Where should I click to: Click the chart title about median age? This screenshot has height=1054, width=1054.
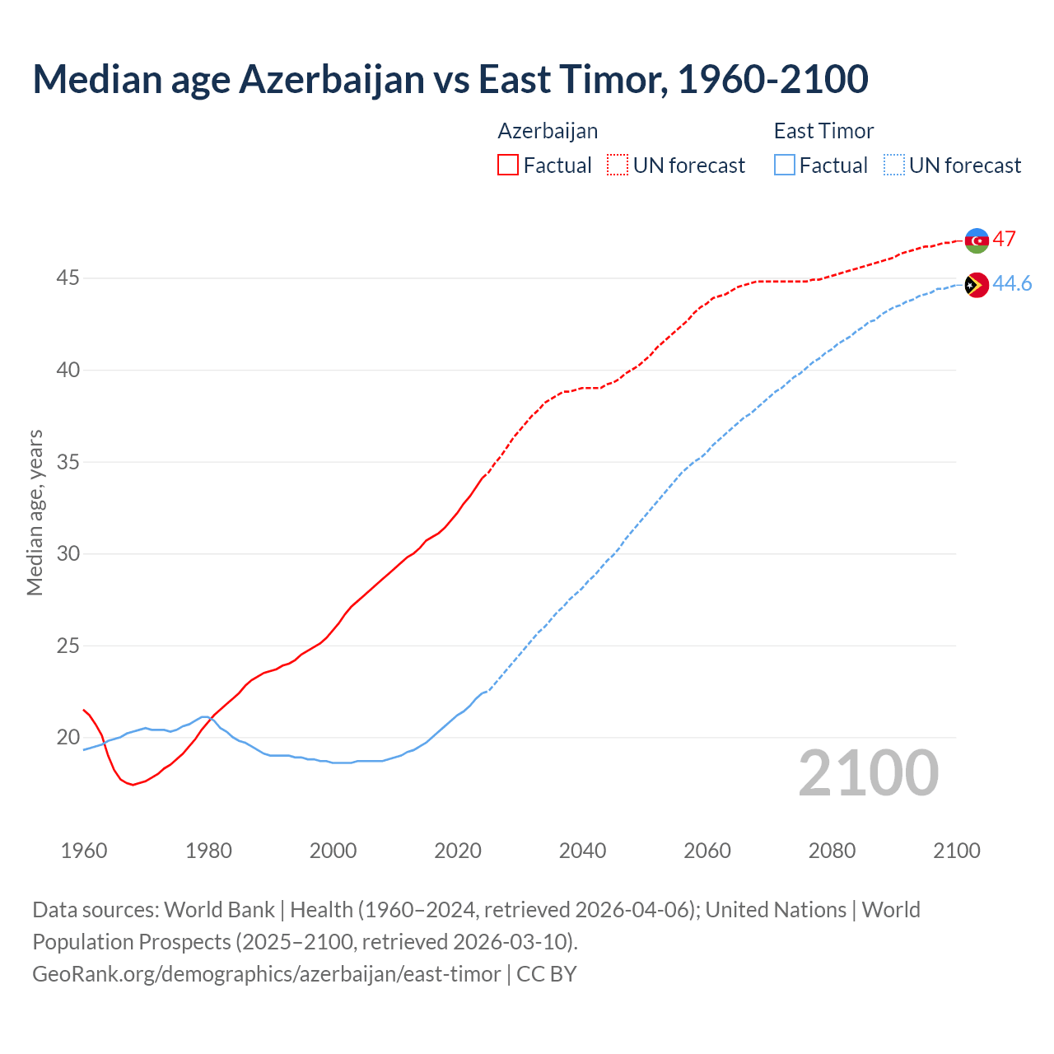point(450,79)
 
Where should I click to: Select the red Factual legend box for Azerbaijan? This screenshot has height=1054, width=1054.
point(508,165)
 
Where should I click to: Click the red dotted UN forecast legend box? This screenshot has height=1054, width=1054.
point(618,165)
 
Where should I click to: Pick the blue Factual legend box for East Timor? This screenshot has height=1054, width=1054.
point(785,165)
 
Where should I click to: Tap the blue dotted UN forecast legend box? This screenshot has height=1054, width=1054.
point(894,165)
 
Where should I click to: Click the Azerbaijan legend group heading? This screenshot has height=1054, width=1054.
point(548,131)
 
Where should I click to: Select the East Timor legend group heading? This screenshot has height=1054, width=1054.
point(823,131)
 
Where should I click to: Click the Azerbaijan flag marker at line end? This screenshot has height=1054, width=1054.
point(977,240)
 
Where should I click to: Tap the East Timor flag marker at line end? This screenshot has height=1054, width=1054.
point(977,285)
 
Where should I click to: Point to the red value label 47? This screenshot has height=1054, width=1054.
point(1004,239)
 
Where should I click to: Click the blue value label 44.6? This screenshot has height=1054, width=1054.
point(1012,283)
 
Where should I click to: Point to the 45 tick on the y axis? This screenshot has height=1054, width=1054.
point(68,278)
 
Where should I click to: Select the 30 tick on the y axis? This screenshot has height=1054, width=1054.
point(68,553)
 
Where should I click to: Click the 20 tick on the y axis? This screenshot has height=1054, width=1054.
point(68,737)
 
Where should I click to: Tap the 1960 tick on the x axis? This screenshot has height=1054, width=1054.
point(84,851)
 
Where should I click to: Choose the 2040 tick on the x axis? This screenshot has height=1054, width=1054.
point(582,851)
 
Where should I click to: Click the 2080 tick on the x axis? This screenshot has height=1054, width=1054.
point(832,851)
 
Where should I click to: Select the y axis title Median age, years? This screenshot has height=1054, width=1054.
point(35,512)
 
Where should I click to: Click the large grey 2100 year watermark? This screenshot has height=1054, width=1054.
point(868,772)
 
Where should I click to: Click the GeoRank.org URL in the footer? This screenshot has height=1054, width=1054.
point(266,973)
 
